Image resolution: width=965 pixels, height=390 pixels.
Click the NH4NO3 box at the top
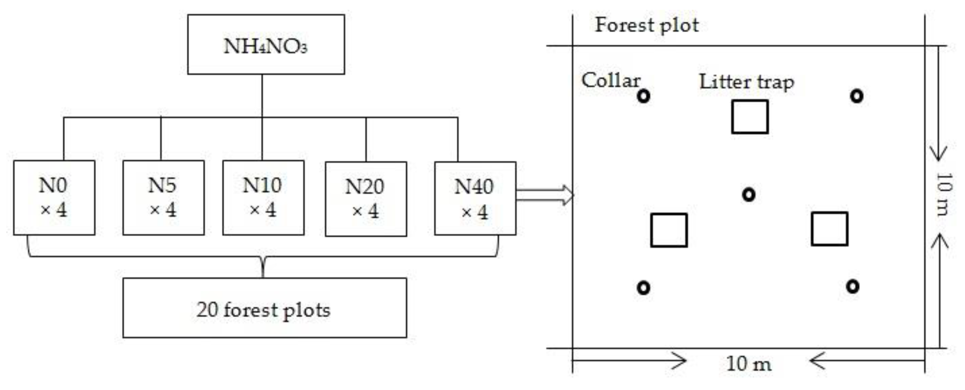(266, 45)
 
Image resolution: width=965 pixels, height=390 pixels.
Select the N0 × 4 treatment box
(54, 198)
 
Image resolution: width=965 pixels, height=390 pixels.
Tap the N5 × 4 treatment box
(163, 198)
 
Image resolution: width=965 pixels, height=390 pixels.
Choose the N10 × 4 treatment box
(263, 198)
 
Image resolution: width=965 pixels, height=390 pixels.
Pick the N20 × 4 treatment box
(366, 199)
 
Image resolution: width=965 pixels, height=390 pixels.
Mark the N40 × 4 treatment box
(475, 198)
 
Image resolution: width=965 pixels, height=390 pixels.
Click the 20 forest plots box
(265, 308)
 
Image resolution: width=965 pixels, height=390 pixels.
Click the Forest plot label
(647, 26)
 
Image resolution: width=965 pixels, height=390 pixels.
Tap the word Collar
(611, 80)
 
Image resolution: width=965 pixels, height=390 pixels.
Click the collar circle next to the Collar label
(643, 96)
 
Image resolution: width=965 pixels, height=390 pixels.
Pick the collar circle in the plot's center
(748, 195)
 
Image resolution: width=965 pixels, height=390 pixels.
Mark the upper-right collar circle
(857, 96)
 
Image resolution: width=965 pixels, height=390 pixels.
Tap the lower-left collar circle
(643, 288)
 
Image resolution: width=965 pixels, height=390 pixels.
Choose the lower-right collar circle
(853, 286)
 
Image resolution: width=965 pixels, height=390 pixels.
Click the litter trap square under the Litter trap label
(750, 117)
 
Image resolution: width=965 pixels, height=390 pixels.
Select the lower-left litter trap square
(669, 230)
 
